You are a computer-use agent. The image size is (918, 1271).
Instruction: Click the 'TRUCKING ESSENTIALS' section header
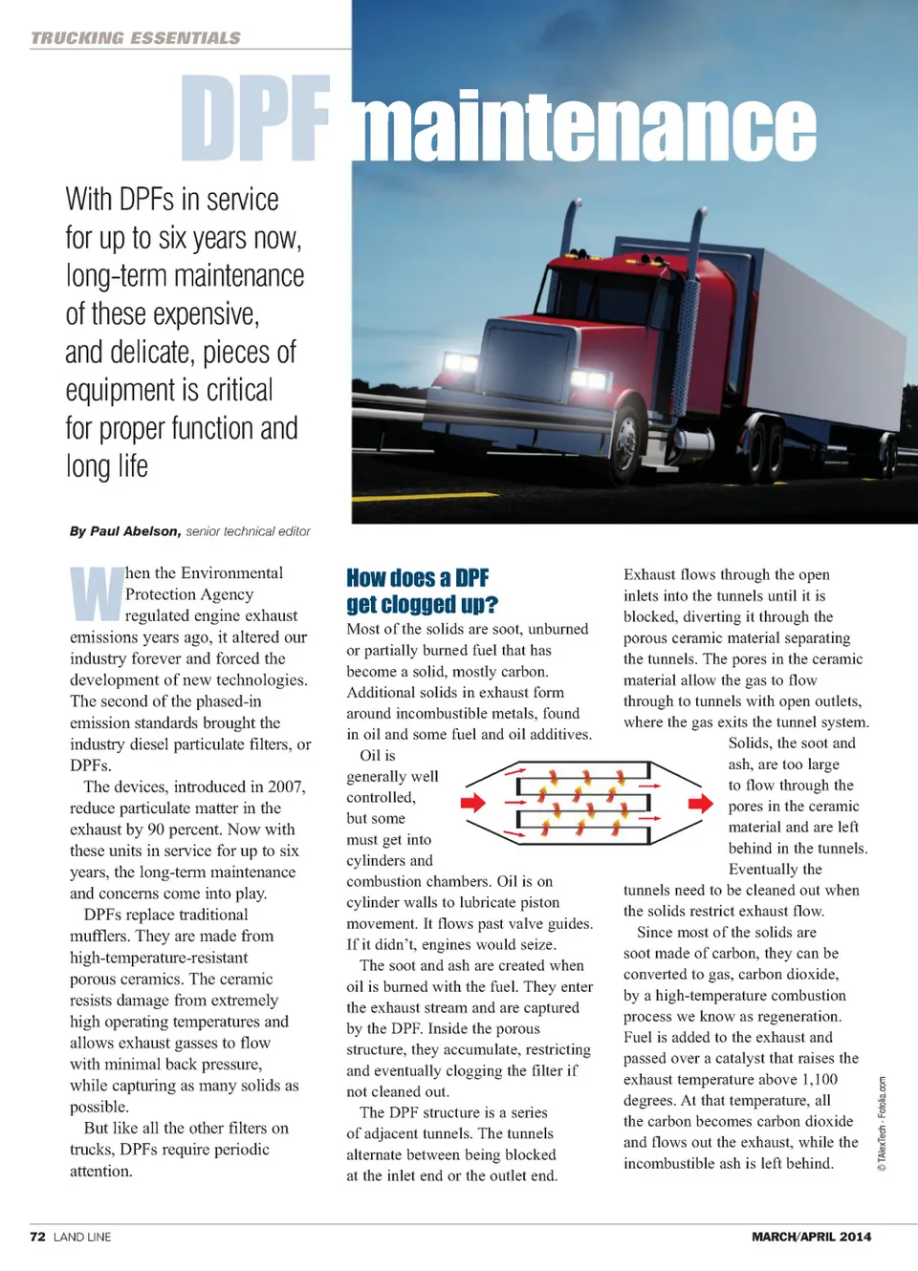tap(136, 38)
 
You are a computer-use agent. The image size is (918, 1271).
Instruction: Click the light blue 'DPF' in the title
tap(255, 119)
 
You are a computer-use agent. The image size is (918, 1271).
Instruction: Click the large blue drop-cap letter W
tap(97, 593)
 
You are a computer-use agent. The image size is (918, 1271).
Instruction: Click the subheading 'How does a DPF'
tap(417, 578)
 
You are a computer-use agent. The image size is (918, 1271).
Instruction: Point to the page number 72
tap(37, 1237)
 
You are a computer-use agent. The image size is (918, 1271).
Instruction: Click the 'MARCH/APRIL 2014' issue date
tap(811, 1237)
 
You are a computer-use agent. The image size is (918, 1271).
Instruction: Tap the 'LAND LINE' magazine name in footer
tap(82, 1237)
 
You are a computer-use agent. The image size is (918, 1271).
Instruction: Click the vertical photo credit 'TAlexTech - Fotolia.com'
tap(882, 1123)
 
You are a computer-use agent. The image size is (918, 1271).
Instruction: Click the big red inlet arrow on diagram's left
tap(473, 802)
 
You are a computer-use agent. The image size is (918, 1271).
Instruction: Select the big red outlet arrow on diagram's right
tap(701, 802)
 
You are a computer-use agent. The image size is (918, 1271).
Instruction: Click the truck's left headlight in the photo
tap(460, 363)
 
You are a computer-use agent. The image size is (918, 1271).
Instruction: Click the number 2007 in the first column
tap(286, 786)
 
